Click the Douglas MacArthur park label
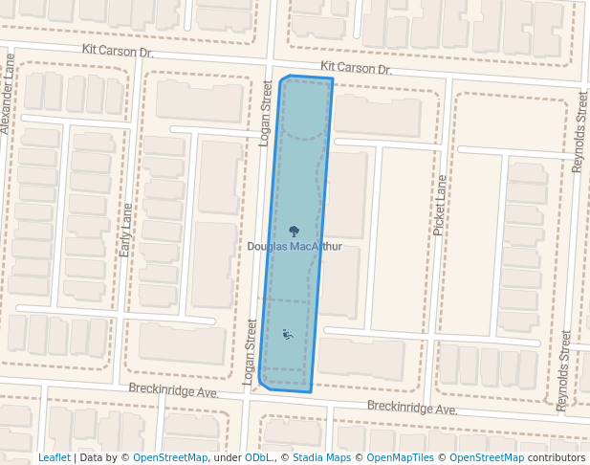[295, 247]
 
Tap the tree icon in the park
[293, 231]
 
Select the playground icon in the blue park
[288, 335]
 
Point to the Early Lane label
[125, 229]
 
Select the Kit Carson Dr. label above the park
[357, 69]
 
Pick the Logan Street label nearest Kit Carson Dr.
[267, 113]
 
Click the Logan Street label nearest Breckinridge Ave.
[251, 352]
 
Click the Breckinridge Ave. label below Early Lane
[174, 392]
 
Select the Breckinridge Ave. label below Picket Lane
[412, 409]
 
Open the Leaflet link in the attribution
[54, 458]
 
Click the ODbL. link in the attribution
[259, 458]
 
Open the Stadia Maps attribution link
[321, 458]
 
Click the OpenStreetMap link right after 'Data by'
[170, 458]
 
